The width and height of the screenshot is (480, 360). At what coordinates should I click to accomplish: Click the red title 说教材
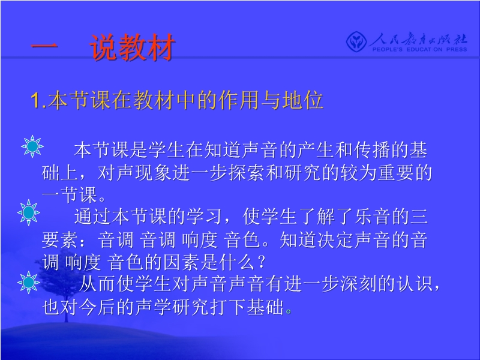(132, 47)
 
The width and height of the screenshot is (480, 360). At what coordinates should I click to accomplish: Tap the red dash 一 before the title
(44, 47)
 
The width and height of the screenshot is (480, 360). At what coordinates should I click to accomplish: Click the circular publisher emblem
(356, 42)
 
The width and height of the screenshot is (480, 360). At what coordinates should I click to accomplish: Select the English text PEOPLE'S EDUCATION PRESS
(419, 49)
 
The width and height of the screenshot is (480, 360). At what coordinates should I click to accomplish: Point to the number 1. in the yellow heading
(39, 100)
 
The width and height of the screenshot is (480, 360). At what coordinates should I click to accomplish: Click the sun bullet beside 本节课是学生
(32, 146)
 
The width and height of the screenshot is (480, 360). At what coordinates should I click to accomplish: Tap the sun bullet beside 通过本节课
(29, 212)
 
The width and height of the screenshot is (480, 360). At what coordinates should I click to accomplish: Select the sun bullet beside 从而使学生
(29, 283)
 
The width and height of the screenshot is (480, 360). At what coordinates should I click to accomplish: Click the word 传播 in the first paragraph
(373, 150)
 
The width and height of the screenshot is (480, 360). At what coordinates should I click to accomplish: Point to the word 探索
(247, 173)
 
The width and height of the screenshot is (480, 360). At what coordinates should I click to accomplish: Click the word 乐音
(373, 217)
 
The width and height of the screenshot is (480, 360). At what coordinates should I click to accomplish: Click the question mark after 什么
(261, 262)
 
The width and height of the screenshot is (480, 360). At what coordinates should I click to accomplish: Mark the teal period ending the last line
(289, 311)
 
